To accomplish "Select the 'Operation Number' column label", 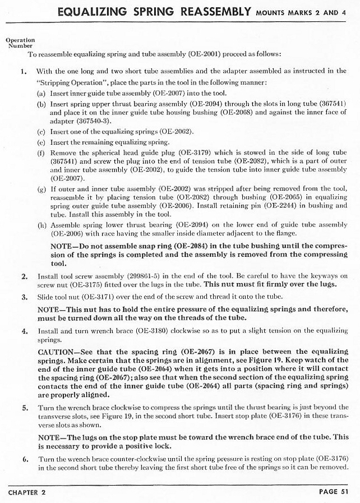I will click(20, 43).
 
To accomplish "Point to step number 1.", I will click(24, 72).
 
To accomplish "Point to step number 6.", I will click(24, 458).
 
